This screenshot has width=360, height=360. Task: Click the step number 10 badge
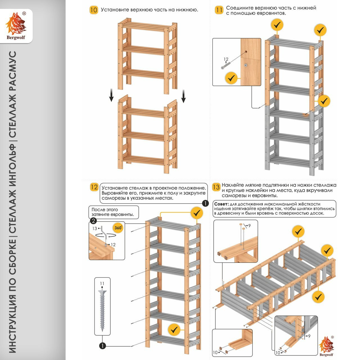(94, 10)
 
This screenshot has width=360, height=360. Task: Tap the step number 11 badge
(219, 10)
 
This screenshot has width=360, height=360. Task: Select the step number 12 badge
(94, 187)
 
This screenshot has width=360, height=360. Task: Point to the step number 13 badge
(216, 187)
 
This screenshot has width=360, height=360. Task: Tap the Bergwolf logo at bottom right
(326, 346)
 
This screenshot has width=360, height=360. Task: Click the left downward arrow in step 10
(112, 95)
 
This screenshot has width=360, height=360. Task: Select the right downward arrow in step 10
(184, 96)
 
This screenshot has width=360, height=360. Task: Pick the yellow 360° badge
(118, 228)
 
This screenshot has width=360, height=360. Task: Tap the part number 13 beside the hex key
(94, 228)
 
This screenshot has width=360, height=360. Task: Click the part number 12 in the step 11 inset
(226, 59)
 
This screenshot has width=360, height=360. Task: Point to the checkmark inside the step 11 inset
(231, 78)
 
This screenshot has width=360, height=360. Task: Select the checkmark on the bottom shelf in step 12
(174, 329)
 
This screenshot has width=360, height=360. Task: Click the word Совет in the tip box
(221, 204)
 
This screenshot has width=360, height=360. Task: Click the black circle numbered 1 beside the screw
(102, 346)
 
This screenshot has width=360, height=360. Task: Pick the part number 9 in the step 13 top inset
(249, 226)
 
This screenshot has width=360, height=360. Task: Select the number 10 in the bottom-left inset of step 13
(215, 352)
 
